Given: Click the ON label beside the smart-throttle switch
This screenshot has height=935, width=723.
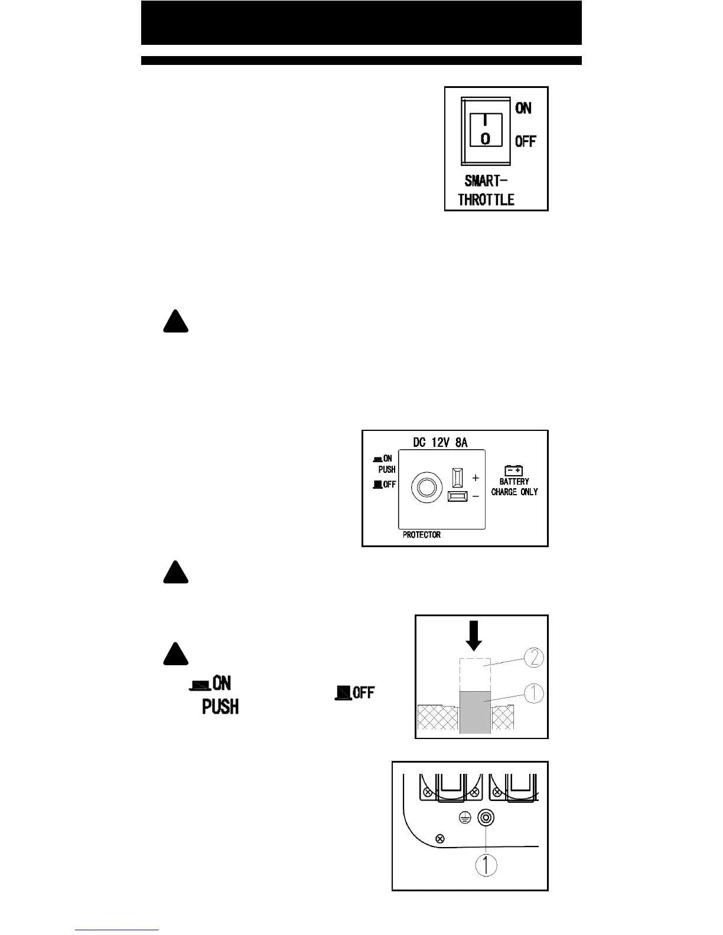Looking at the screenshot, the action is click(x=523, y=108).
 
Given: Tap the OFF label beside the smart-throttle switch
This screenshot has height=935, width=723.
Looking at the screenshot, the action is click(x=525, y=142).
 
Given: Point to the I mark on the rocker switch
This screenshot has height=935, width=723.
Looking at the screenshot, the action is click(x=485, y=120).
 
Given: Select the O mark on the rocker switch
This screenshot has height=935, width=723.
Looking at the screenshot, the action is click(x=485, y=139).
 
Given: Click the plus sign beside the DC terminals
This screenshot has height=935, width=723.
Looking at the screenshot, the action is click(x=476, y=478).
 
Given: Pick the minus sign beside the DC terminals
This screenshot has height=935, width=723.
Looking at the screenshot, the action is click(x=476, y=497).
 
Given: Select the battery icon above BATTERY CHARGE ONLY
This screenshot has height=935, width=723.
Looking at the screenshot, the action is click(x=514, y=470).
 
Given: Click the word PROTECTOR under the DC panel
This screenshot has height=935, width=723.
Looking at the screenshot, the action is click(x=422, y=535).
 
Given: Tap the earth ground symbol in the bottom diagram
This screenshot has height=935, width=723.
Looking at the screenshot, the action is click(x=465, y=818).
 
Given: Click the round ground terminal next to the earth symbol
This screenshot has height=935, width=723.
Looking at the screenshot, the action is click(x=486, y=818).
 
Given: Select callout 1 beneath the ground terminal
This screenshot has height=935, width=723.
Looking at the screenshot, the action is click(x=486, y=866).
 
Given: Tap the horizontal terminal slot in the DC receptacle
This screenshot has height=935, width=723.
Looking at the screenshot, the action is click(x=457, y=496).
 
